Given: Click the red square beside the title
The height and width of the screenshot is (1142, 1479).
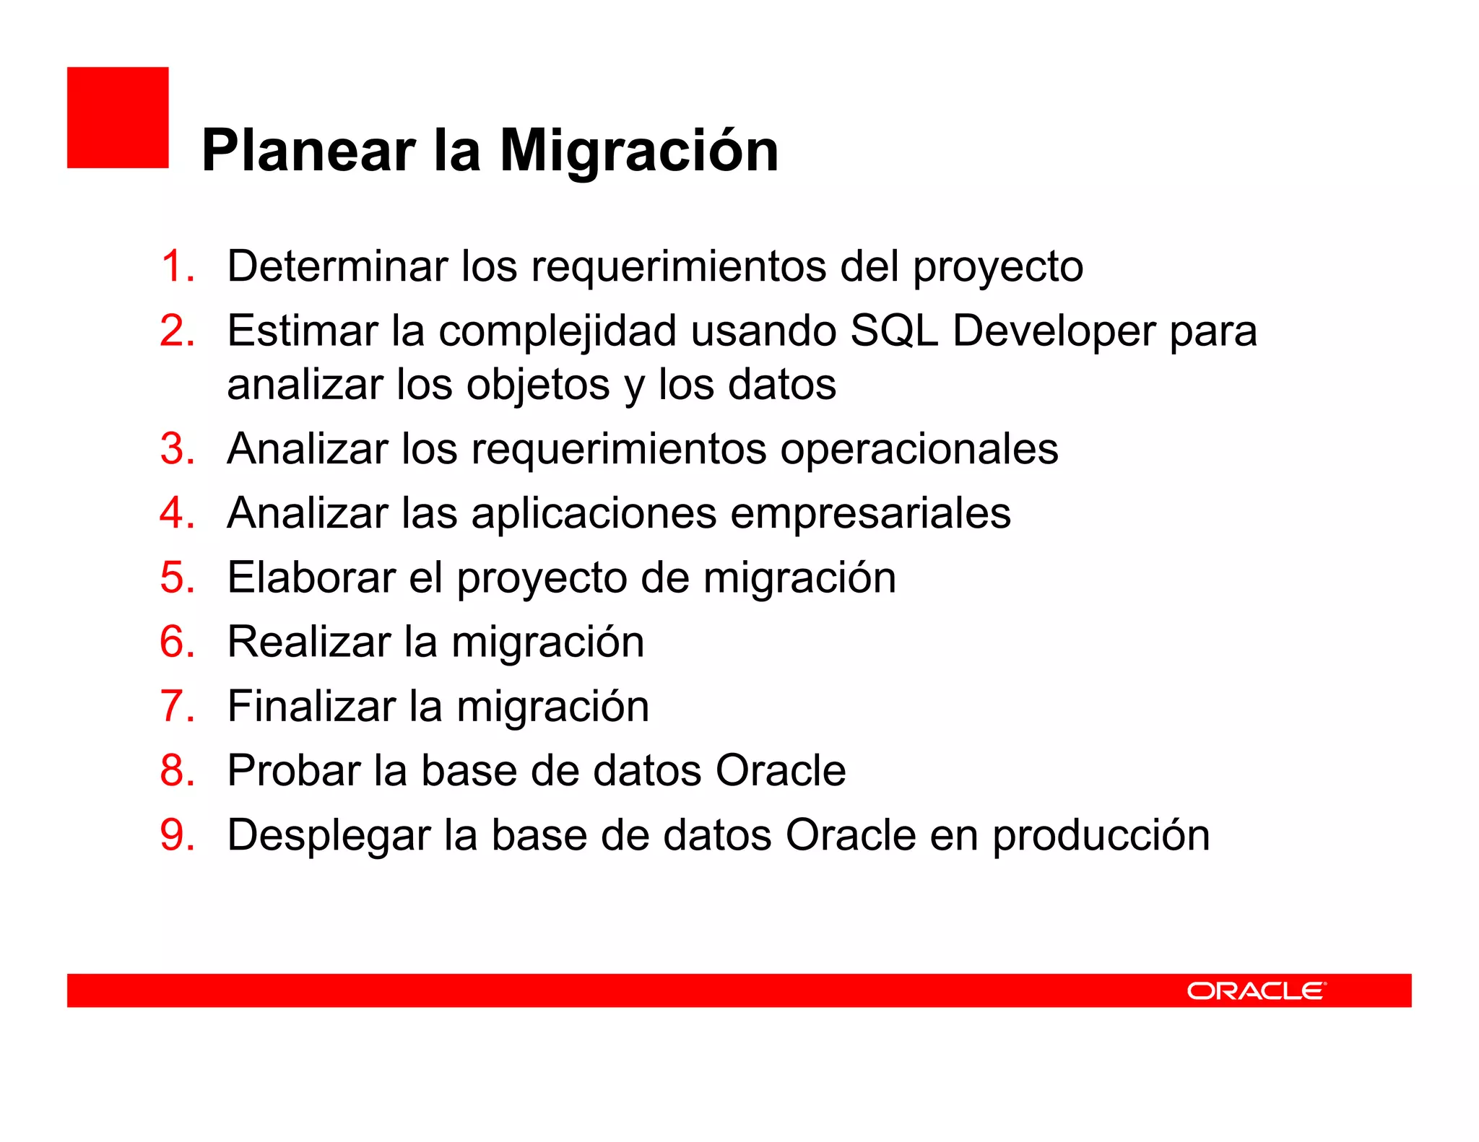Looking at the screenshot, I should [x=118, y=118].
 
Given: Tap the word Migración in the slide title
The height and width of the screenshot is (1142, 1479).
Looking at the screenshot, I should [x=638, y=151].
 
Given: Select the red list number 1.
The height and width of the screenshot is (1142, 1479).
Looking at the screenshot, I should [x=176, y=266].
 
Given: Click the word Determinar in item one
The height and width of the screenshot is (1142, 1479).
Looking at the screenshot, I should [x=337, y=266].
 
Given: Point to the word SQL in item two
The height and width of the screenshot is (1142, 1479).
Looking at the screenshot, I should [x=893, y=331].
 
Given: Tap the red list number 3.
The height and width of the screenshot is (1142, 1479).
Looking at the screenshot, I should [x=176, y=449].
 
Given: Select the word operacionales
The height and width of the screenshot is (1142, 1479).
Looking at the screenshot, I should [x=919, y=449].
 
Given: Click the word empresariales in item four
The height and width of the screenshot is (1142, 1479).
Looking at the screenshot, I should [x=870, y=514].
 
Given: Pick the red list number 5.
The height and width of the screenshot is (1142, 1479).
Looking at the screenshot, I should [x=176, y=577].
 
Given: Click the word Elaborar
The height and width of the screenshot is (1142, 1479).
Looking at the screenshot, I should [x=311, y=577].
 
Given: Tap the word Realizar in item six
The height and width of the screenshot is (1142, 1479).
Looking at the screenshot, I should [x=308, y=642].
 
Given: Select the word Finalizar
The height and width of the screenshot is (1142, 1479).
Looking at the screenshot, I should [x=311, y=706].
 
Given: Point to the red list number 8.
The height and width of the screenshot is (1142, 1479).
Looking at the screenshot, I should [x=176, y=770].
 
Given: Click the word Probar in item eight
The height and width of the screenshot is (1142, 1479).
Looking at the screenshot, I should [x=293, y=770].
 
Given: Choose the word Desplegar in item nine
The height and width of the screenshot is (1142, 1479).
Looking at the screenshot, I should [x=329, y=837].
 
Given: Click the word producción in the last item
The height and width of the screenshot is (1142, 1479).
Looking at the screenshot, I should [x=1101, y=837].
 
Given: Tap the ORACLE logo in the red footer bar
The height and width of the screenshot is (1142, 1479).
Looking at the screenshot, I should [x=1256, y=990].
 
